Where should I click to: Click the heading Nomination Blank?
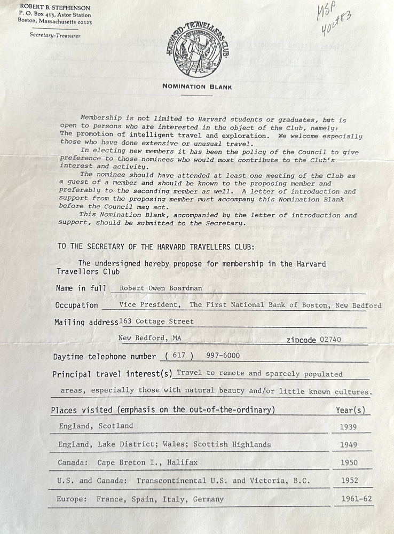coord(197,87)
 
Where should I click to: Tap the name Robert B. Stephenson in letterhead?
coord(54,8)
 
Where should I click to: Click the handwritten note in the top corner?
coord(334,19)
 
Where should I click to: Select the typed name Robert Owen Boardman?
coord(161,288)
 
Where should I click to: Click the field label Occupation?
coord(77,305)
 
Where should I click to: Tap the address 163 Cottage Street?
coord(156,321)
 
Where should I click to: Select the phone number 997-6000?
coord(222,356)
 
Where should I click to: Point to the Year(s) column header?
coord(351,410)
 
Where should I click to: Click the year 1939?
coord(348,427)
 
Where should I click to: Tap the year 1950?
coord(349,462)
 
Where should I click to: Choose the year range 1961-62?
coord(356,499)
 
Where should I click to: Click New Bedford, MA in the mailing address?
coord(149,339)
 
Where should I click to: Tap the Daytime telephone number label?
coord(105,357)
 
